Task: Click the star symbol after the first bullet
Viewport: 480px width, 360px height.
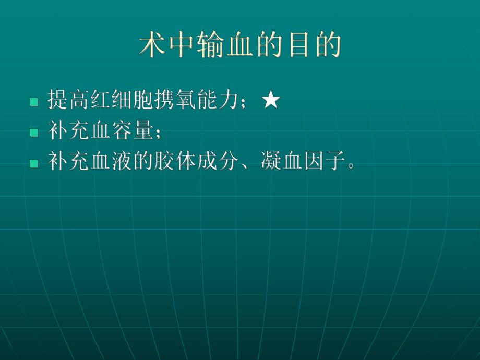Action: (x=271, y=101)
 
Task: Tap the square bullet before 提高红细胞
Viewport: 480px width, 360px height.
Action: (x=34, y=102)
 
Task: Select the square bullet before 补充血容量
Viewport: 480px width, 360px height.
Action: (x=34, y=133)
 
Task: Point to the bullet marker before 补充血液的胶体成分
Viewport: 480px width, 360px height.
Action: (x=34, y=163)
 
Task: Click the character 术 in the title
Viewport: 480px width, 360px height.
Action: (x=152, y=46)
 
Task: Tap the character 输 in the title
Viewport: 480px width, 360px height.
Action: (x=210, y=46)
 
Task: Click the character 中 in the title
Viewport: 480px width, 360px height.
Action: (x=181, y=46)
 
